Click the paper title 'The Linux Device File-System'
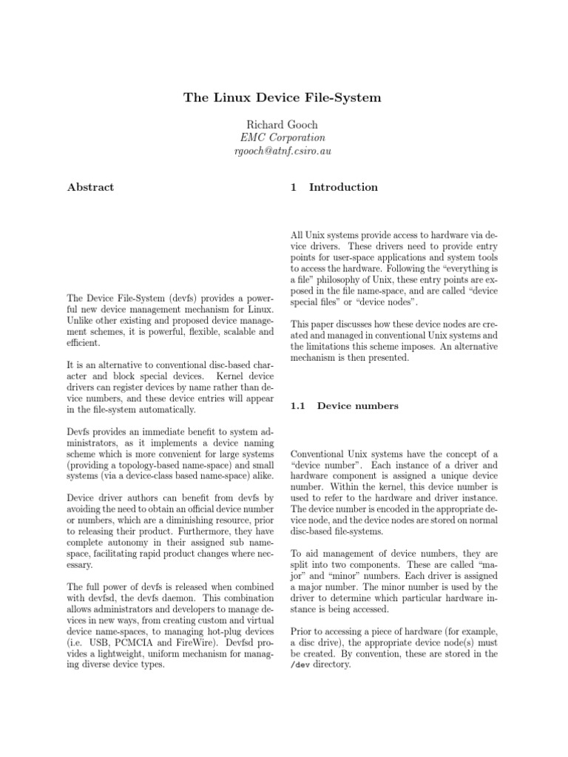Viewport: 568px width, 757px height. (x=283, y=99)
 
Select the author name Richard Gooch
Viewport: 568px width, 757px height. (x=284, y=124)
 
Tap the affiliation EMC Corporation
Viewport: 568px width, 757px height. (x=283, y=138)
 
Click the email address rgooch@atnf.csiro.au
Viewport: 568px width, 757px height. (x=283, y=151)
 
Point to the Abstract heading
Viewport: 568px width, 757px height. (x=90, y=187)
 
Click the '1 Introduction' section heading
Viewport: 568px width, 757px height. (x=334, y=187)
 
